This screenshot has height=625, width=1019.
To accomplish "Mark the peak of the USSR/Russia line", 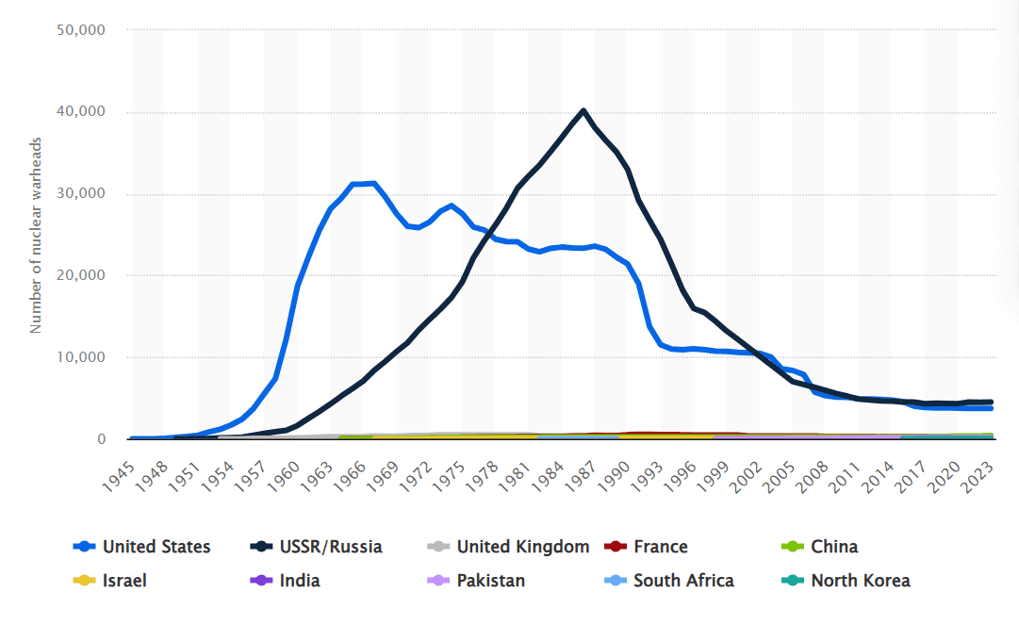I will [583, 110].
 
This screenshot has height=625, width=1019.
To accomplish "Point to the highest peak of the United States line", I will [374, 183].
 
